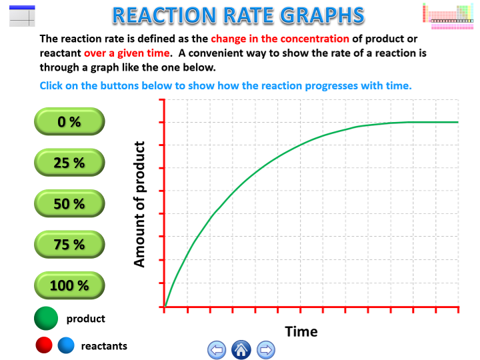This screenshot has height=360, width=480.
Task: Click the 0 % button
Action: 69,121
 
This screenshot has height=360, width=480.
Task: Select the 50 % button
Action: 69,204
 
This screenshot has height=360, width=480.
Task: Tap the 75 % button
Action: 69,245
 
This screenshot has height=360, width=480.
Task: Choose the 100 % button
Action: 69,285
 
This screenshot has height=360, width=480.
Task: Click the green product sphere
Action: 46,319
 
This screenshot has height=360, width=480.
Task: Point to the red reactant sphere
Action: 44,346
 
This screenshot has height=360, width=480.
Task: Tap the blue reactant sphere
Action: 65,346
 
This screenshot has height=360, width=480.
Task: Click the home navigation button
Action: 241,349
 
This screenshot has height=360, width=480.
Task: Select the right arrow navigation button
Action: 265,349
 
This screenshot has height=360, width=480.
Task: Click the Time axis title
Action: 301,331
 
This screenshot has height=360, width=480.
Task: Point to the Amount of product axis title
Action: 139,204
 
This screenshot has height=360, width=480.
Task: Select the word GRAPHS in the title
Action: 327,15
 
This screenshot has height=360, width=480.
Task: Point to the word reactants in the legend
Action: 104,346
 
